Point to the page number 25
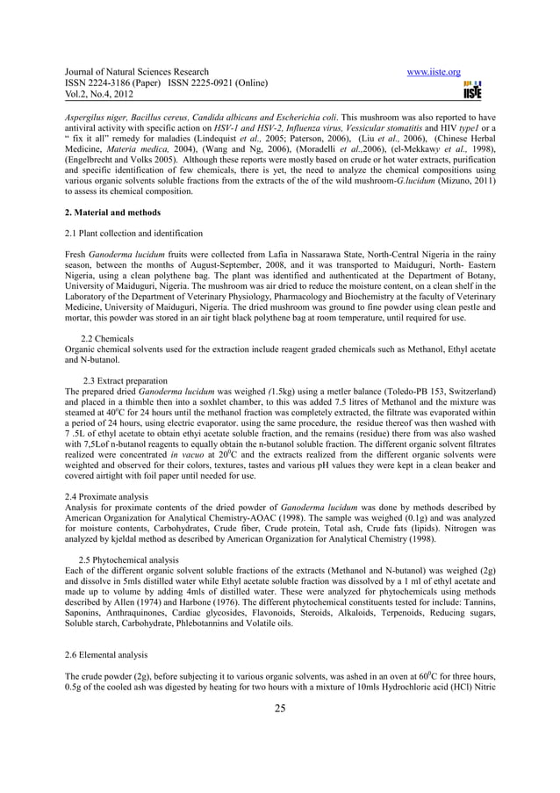[x=279, y=710]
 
